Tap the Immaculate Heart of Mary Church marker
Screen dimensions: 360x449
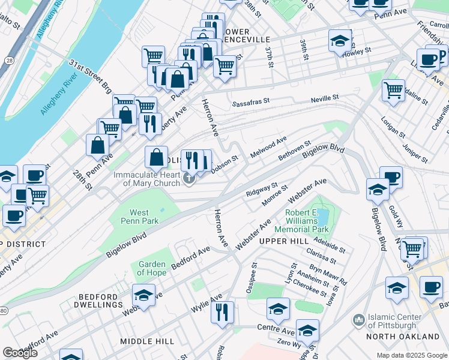190,178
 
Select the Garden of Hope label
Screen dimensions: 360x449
152,268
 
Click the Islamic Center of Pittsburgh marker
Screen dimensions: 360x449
359,320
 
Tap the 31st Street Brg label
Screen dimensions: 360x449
91,76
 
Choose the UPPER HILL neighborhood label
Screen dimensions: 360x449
283,241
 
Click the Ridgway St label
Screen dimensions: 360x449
262,190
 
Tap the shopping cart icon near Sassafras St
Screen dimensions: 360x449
224,66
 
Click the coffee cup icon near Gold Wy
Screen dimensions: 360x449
391,177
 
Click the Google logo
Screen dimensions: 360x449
19,353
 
